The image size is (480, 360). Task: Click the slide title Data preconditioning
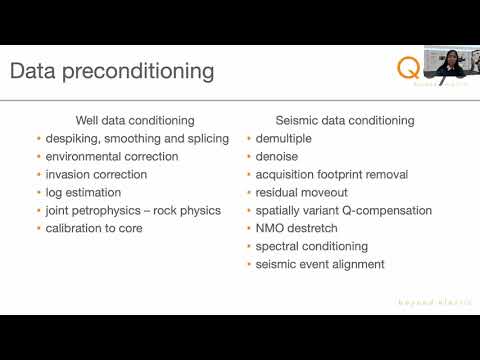[111, 72]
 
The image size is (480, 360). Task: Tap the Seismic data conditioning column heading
[344, 120]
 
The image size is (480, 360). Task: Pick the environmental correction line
[112, 156]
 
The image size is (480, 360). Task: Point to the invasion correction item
[96, 174]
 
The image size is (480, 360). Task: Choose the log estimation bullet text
[83, 192]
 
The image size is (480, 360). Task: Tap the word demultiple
[286, 138]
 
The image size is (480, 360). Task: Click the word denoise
[278, 156]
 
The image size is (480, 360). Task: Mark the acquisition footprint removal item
[332, 174]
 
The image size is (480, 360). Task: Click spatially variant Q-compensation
[344, 210]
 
